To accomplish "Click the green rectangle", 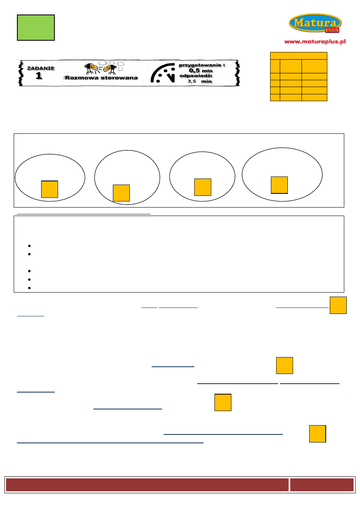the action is tap(36, 28).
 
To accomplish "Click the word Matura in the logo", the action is tap(315, 23).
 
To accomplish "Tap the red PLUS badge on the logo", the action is tap(332, 30).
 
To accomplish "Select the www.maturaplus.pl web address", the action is tap(315, 42).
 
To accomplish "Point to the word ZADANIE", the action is tap(41, 68).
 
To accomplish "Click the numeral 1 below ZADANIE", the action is tap(39, 76).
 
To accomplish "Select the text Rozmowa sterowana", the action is tap(101, 78).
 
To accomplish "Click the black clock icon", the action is tap(163, 73).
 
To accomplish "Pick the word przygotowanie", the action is tap(200, 65).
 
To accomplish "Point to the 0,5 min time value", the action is tap(201, 71).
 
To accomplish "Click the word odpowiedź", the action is tap(196, 76).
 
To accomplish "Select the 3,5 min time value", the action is tap(200, 81).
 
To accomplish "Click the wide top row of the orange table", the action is tap(299, 56).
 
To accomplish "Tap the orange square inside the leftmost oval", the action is tap(50, 189).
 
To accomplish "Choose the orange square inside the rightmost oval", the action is tap(279, 185).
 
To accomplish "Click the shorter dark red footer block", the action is tap(322, 485).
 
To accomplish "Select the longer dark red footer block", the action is tap(147, 485).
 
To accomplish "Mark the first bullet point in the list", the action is tap(29, 246).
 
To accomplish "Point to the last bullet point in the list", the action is tap(29, 288).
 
